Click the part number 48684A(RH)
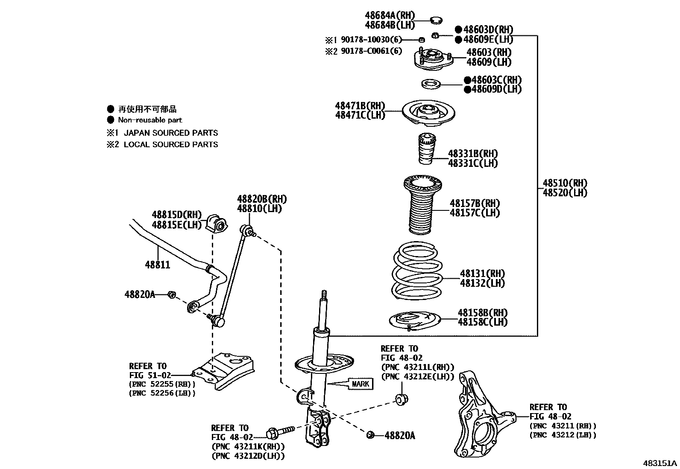[390, 16]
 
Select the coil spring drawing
[416, 271]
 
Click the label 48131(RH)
[482, 274]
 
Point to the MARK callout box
[361, 384]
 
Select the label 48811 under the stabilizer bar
[157, 265]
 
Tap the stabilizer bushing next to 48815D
[218, 223]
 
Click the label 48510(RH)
[565, 184]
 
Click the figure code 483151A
[660, 463]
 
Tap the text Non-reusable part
[150, 120]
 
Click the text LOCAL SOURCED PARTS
[170, 145]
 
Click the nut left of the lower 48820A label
[370, 435]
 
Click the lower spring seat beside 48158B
[415, 321]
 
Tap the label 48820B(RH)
[262, 199]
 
